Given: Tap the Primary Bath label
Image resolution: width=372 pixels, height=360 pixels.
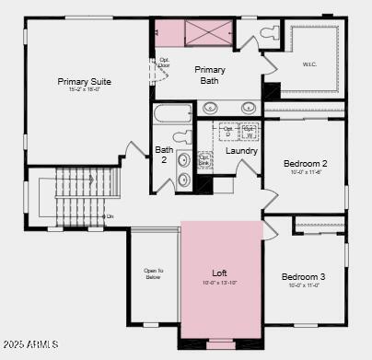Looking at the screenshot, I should (210, 75).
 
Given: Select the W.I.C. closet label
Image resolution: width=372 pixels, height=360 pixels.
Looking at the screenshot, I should (309, 64).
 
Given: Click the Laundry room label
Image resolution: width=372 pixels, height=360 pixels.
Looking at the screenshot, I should (241, 150).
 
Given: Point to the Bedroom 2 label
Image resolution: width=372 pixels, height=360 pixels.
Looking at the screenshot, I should (305, 163).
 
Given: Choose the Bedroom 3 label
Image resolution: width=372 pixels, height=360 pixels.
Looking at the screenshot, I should (303, 277).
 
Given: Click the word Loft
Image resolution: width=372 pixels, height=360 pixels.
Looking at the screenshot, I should (219, 273).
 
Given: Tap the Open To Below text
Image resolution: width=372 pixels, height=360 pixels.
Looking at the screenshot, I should (153, 273).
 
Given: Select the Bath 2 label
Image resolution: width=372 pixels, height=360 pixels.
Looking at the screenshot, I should (164, 154).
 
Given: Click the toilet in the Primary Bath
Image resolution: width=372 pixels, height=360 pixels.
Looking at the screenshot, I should (269, 34).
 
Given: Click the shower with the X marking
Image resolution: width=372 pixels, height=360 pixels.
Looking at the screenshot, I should (207, 32).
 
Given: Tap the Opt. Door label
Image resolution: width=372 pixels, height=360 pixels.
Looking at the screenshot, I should (165, 64).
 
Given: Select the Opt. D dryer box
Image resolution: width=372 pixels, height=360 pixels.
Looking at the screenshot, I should (227, 131).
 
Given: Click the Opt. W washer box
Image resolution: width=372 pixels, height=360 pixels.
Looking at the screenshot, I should (248, 131).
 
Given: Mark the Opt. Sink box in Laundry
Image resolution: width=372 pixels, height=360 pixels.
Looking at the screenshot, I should (205, 160).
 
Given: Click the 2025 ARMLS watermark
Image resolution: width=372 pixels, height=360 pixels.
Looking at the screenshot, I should (30, 344).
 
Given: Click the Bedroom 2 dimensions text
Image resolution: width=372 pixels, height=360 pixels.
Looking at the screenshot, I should (305, 172).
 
